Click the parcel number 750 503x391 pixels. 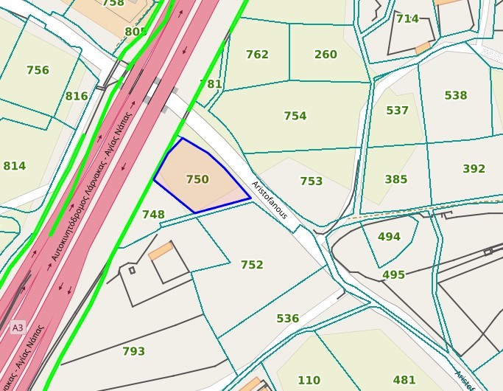(197, 179)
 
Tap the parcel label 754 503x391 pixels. (295, 116)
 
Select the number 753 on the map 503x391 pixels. (312, 181)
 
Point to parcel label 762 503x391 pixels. (257, 55)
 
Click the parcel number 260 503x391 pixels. (326, 55)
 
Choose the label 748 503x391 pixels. (153, 215)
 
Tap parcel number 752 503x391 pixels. (252, 265)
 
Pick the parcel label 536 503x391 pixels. (288, 319)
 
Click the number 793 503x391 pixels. (133, 351)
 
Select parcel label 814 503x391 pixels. (15, 166)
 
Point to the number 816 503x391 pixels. (77, 97)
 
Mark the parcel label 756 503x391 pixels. (38, 71)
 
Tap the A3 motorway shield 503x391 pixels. (18, 327)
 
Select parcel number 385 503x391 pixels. (396, 179)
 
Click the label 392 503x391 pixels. (474, 169)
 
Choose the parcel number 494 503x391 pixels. (389, 237)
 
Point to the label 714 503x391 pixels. (407, 19)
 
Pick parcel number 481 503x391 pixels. (404, 380)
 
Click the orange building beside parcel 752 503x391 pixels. (161, 252)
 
